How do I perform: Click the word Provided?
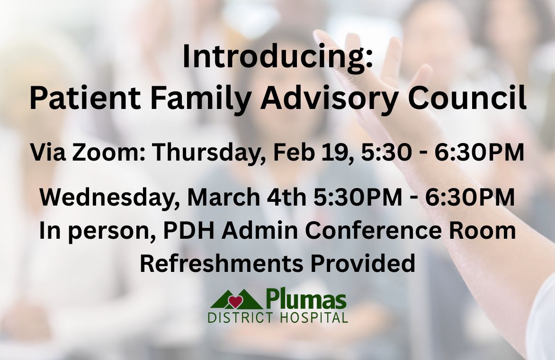point(362,263)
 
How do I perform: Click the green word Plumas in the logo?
point(305,300)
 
